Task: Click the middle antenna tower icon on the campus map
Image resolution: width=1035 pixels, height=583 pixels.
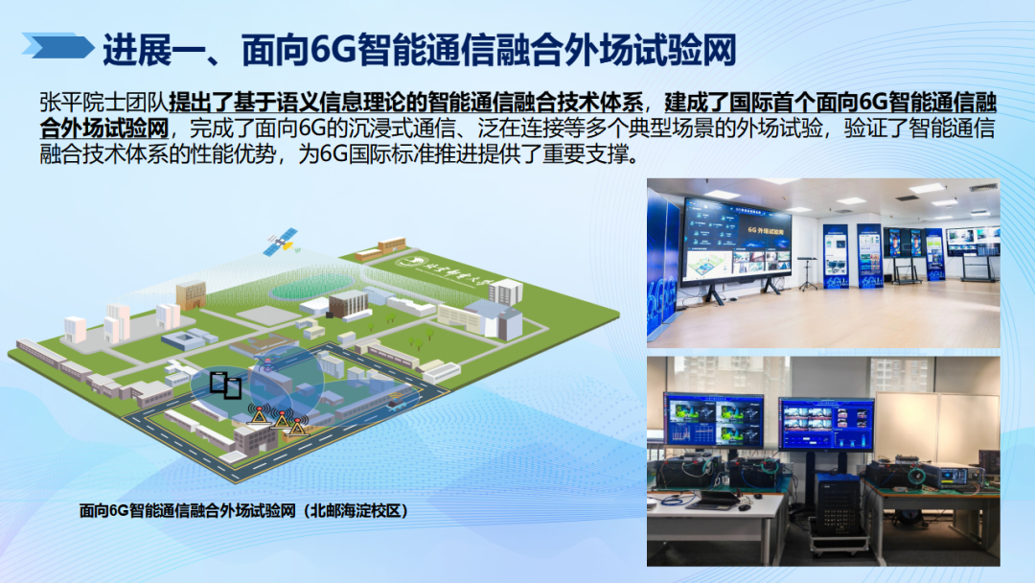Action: tap(280, 419)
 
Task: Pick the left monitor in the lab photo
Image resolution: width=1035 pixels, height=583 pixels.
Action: tap(714, 424)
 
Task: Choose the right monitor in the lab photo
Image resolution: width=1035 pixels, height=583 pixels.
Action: tap(825, 424)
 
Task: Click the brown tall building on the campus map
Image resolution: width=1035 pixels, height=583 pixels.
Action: tap(191, 294)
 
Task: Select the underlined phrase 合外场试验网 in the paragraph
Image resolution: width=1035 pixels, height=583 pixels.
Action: tap(104, 128)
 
